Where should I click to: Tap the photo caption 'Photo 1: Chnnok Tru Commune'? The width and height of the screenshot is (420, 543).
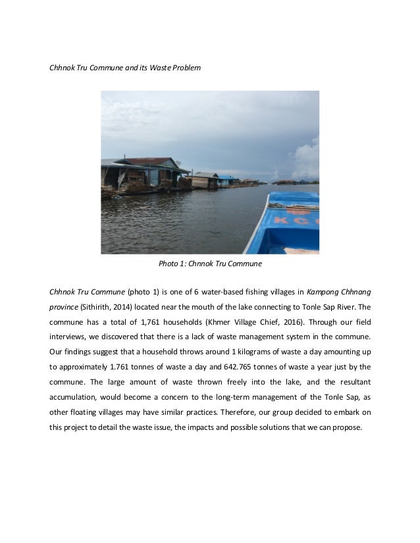pos(210,264)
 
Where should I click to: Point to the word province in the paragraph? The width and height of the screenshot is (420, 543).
pos(65,306)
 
